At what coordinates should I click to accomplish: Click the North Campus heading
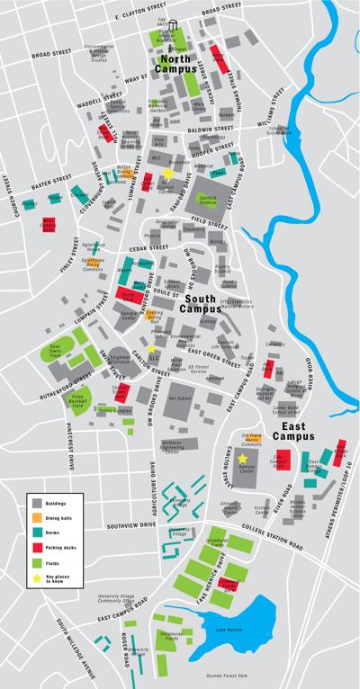[176, 63]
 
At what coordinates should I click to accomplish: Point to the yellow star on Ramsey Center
[242, 459]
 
